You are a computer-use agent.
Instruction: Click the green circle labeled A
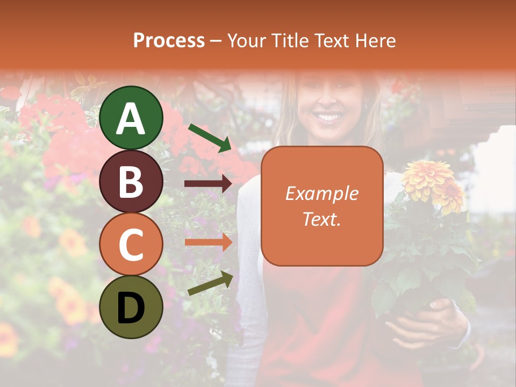(x=131, y=118)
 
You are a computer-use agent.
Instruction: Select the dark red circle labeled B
(x=131, y=181)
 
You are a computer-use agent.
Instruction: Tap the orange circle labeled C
(x=131, y=245)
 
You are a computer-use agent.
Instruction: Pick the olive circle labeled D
(x=131, y=307)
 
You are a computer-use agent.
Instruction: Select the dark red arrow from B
(x=208, y=184)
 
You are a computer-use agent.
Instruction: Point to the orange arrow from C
(x=208, y=242)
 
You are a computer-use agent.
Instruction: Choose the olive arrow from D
(x=210, y=284)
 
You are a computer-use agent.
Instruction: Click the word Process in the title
(x=169, y=41)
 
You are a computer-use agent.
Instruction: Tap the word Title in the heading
(x=290, y=41)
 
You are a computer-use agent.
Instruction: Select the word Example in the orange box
(x=321, y=194)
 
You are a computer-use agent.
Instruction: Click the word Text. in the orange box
(x=321, y=219)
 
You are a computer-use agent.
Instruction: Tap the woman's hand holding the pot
(x=425, y=322)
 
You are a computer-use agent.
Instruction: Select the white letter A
(x=131, y=118)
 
